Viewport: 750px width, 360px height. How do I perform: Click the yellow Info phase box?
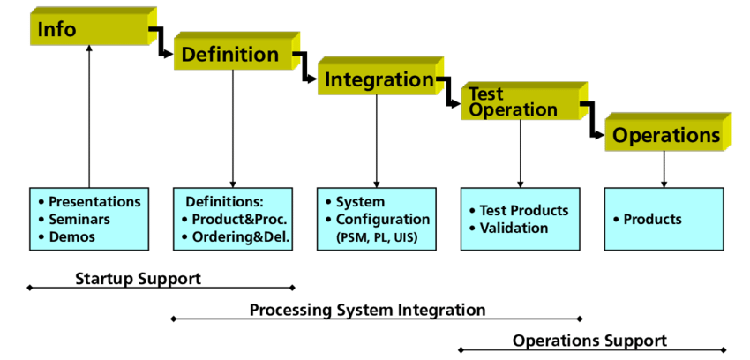[x=94, y=26]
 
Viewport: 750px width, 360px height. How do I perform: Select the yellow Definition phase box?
[x=236, y=51]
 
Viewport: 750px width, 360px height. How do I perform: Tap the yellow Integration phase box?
[x=380, y=76]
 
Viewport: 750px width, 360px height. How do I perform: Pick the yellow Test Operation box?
[x=524, y=101]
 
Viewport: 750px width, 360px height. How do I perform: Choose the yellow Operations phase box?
[x=668, y=132]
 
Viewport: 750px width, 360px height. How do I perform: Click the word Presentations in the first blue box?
[x=94, y=202]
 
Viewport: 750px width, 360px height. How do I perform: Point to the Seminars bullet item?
[x=79, y=220]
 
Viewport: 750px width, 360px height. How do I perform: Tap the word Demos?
[x=71, y=236]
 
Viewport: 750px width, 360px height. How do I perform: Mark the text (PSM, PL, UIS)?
[x=377, y=237]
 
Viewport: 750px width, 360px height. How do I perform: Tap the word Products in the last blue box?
[x=652, y=220]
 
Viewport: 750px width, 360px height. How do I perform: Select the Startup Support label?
[x=139, y=278]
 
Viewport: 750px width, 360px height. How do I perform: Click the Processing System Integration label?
[x=367, y=310]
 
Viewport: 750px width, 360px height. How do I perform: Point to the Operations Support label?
[x=589, y=341]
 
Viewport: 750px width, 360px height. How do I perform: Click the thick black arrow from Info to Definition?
[x=161, y=42]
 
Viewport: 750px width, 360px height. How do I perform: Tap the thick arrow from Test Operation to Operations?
[x=592, y=120]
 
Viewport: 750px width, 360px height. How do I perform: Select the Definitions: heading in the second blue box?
[x=225, y=202]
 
